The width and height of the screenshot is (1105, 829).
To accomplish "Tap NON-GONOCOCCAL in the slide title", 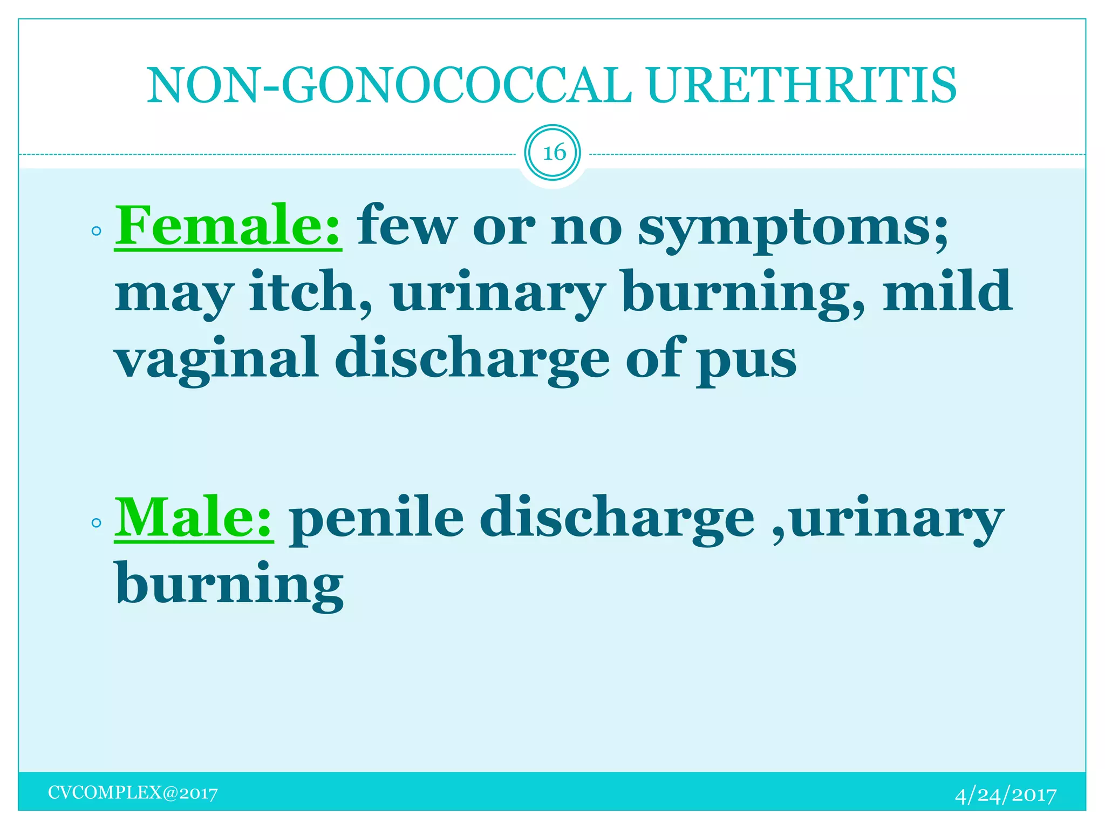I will click(388, 85).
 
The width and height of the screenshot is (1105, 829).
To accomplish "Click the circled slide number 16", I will click(553, 153).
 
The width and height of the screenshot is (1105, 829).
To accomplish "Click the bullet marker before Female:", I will click(97, 232).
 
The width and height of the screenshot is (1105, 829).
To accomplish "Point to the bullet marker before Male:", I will click(97, 522).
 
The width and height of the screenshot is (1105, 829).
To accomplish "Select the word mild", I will click(947, 291).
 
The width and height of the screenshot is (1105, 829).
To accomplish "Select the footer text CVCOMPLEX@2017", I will click(133, 793).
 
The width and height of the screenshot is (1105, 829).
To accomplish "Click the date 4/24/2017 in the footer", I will click(1005, 795).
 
